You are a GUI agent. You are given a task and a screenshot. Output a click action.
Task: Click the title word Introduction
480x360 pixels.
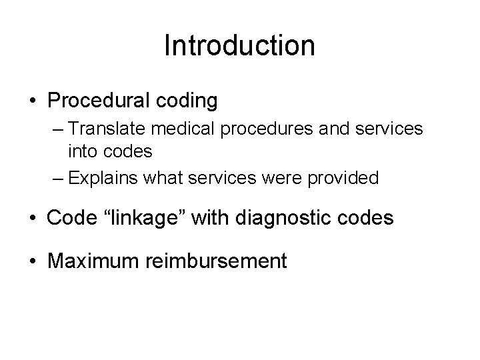[239, 45]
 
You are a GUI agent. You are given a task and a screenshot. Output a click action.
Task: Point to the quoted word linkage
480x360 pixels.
[150, 218]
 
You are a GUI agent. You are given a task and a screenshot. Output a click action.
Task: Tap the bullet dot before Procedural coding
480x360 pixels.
[33, 101]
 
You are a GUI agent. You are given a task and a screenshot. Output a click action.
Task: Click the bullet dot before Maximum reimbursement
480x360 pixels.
[33, 259]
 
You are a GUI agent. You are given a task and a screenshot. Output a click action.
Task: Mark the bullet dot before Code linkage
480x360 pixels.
[33, 219]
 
